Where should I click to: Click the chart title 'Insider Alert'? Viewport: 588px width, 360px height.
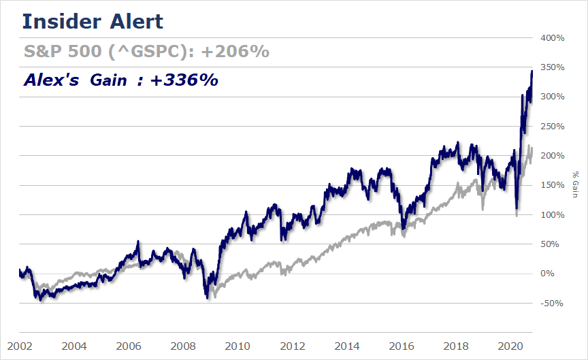[x=93, y=21]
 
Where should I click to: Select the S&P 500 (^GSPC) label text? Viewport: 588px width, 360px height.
[x=109, y=52]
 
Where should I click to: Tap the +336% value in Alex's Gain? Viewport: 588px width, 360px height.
[x=184, y=80]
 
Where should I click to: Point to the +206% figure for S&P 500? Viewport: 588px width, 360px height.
[x=235, y=52]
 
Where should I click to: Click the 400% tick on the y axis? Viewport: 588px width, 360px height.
[x=552, y=38]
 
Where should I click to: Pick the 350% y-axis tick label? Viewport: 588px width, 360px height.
[x=552, y=67]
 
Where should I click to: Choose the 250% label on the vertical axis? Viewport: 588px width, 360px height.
[x=552, y=127]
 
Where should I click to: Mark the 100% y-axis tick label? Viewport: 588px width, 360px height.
[x=552, y=215]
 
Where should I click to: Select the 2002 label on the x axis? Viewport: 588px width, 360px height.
[x=18, y=345]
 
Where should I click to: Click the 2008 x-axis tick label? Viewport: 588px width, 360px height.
[x=182, y=345]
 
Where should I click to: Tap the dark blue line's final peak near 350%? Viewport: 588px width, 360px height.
[x=532, y=71]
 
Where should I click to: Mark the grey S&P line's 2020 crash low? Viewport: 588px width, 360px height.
[x=516, y=215]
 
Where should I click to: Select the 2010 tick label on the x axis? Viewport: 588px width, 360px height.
[x=238, y=345]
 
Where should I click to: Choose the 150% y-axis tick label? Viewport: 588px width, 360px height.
[x=552, y=185]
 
